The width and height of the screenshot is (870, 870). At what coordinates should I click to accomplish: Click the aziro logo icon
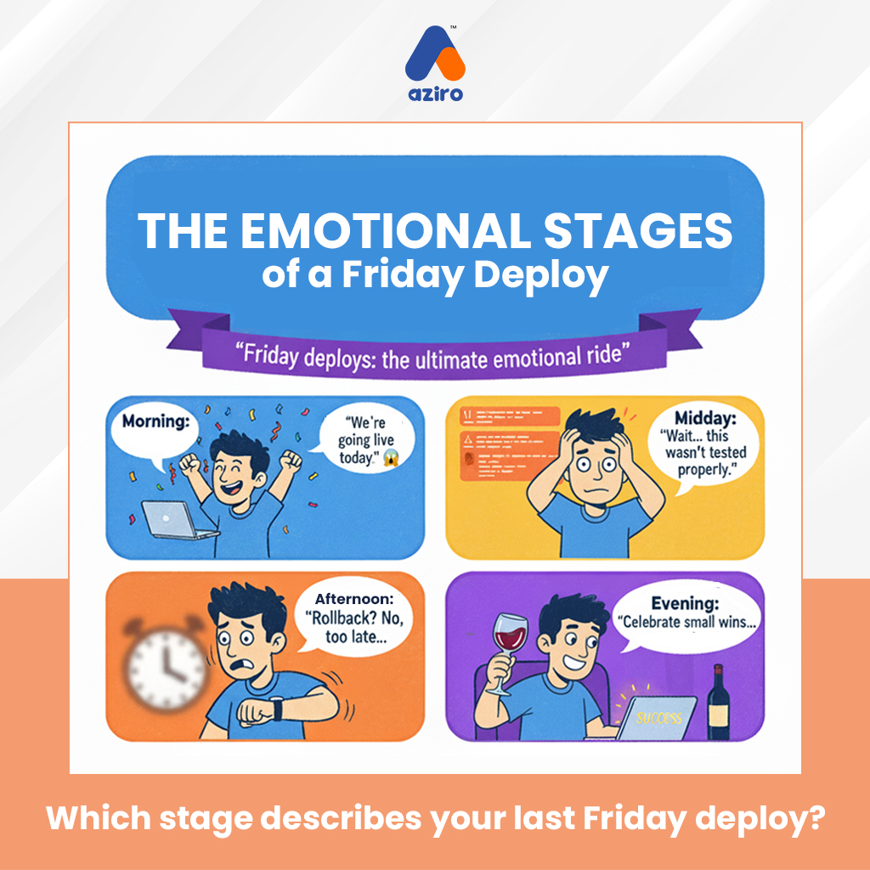point(434,53)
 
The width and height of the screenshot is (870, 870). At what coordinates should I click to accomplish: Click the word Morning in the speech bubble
point(155,421)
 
